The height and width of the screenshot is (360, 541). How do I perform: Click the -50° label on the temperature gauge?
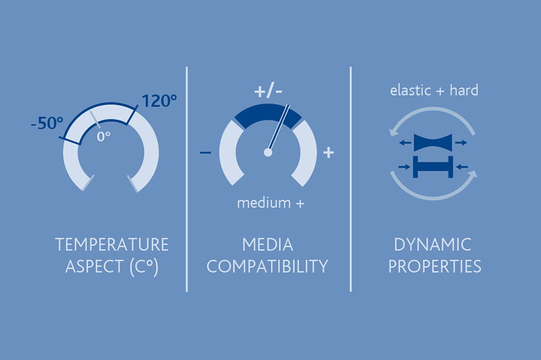pos(48,123)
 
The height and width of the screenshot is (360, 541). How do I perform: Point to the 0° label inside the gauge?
pos(103,136)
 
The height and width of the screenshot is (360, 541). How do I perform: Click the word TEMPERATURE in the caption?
pos(112,245)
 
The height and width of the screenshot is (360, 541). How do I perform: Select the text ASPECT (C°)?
pos(111,266)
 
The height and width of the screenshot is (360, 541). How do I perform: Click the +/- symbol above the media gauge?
pos(269,91)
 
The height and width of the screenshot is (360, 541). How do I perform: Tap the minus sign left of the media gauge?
pos(206,153)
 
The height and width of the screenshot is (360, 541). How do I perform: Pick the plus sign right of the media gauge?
pos(328,153)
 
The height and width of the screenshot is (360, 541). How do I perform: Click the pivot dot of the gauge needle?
pos(268,152)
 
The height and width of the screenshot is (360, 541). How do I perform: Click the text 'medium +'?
pos(271,203)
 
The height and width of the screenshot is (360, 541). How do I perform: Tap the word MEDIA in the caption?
pos(267,245)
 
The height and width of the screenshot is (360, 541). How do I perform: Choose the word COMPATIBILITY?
pos(267,266)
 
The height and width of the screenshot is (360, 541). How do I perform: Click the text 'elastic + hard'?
pos(434,90)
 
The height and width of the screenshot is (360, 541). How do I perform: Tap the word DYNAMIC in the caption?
pos(432,245)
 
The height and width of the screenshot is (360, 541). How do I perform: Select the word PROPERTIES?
pos(432,266)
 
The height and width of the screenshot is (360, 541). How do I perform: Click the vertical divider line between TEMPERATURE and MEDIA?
pos(187,178)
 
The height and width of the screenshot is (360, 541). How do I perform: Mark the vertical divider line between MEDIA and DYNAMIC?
pos(351,178)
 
